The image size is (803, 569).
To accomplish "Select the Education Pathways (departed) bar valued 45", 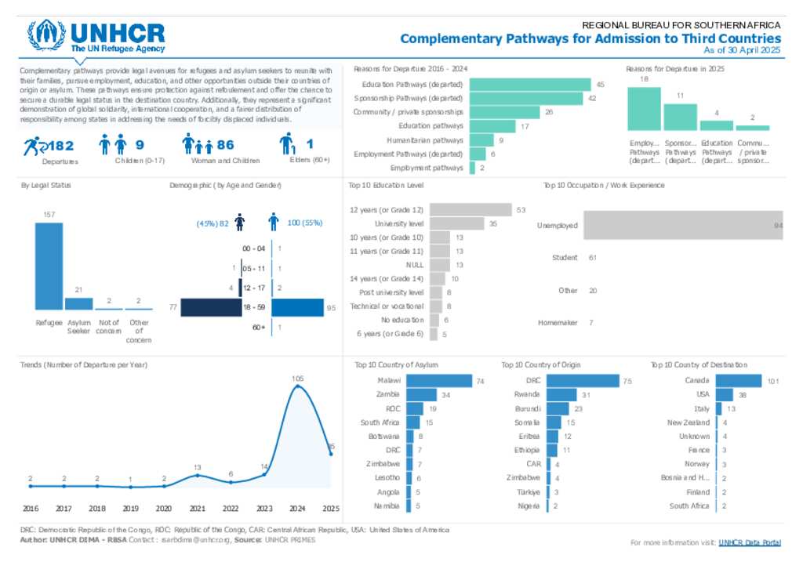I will click(530, 84).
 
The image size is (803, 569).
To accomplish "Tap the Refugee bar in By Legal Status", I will click(49, 266).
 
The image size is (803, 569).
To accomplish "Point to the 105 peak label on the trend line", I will click(297, 379).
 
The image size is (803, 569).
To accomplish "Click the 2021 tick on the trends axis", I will click(198, 508).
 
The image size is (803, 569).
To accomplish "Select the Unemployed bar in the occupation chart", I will click(682, 225).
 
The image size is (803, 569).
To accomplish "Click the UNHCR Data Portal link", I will click(750, 542).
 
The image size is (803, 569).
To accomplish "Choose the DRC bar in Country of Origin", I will click(582, 381).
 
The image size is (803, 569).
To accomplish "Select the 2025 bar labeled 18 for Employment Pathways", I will click(645, 109).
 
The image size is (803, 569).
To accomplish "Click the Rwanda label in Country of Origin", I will click(527, 394).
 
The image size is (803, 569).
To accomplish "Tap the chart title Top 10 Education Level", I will click(387, 186).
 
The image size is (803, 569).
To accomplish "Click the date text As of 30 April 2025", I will click(742, 50).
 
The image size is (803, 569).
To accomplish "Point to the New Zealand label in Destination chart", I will click(689, 422).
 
